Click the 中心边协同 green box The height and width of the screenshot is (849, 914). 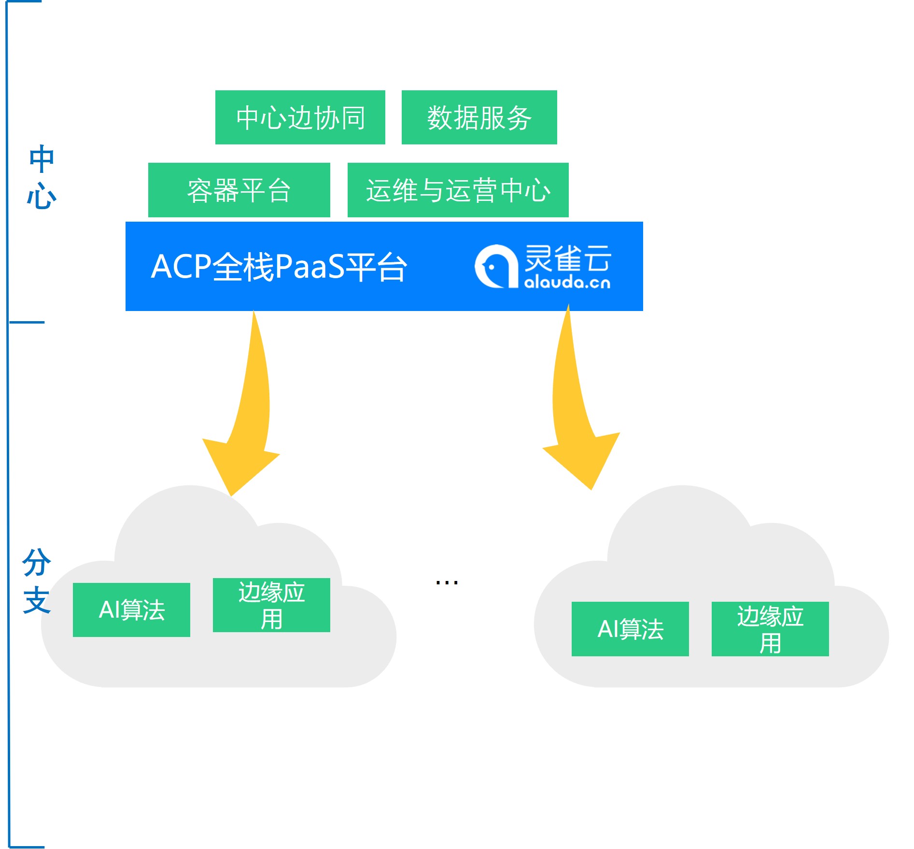coord(300,117)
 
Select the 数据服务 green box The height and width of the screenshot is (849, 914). coord(479,117)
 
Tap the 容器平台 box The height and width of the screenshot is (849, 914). coord(239,190)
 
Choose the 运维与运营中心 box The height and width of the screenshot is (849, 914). coord(458,190)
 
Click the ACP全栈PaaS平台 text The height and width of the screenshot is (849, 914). coord(279,267)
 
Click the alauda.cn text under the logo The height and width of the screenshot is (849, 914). coord(567,282)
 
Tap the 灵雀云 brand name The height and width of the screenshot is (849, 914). coord(568,258)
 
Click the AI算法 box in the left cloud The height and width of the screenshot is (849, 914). coord(131,609)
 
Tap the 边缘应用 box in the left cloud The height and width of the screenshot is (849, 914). coord(271,605)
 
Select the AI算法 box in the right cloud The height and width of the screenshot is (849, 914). coord(630,629)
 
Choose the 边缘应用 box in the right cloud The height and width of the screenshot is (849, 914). coord(770,629)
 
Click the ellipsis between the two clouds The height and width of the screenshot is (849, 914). coord(447,583)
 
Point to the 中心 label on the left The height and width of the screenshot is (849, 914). coord(42,177)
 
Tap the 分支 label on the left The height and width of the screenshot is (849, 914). coord(37,581)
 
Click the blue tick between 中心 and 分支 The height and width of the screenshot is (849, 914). coord(27,322)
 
